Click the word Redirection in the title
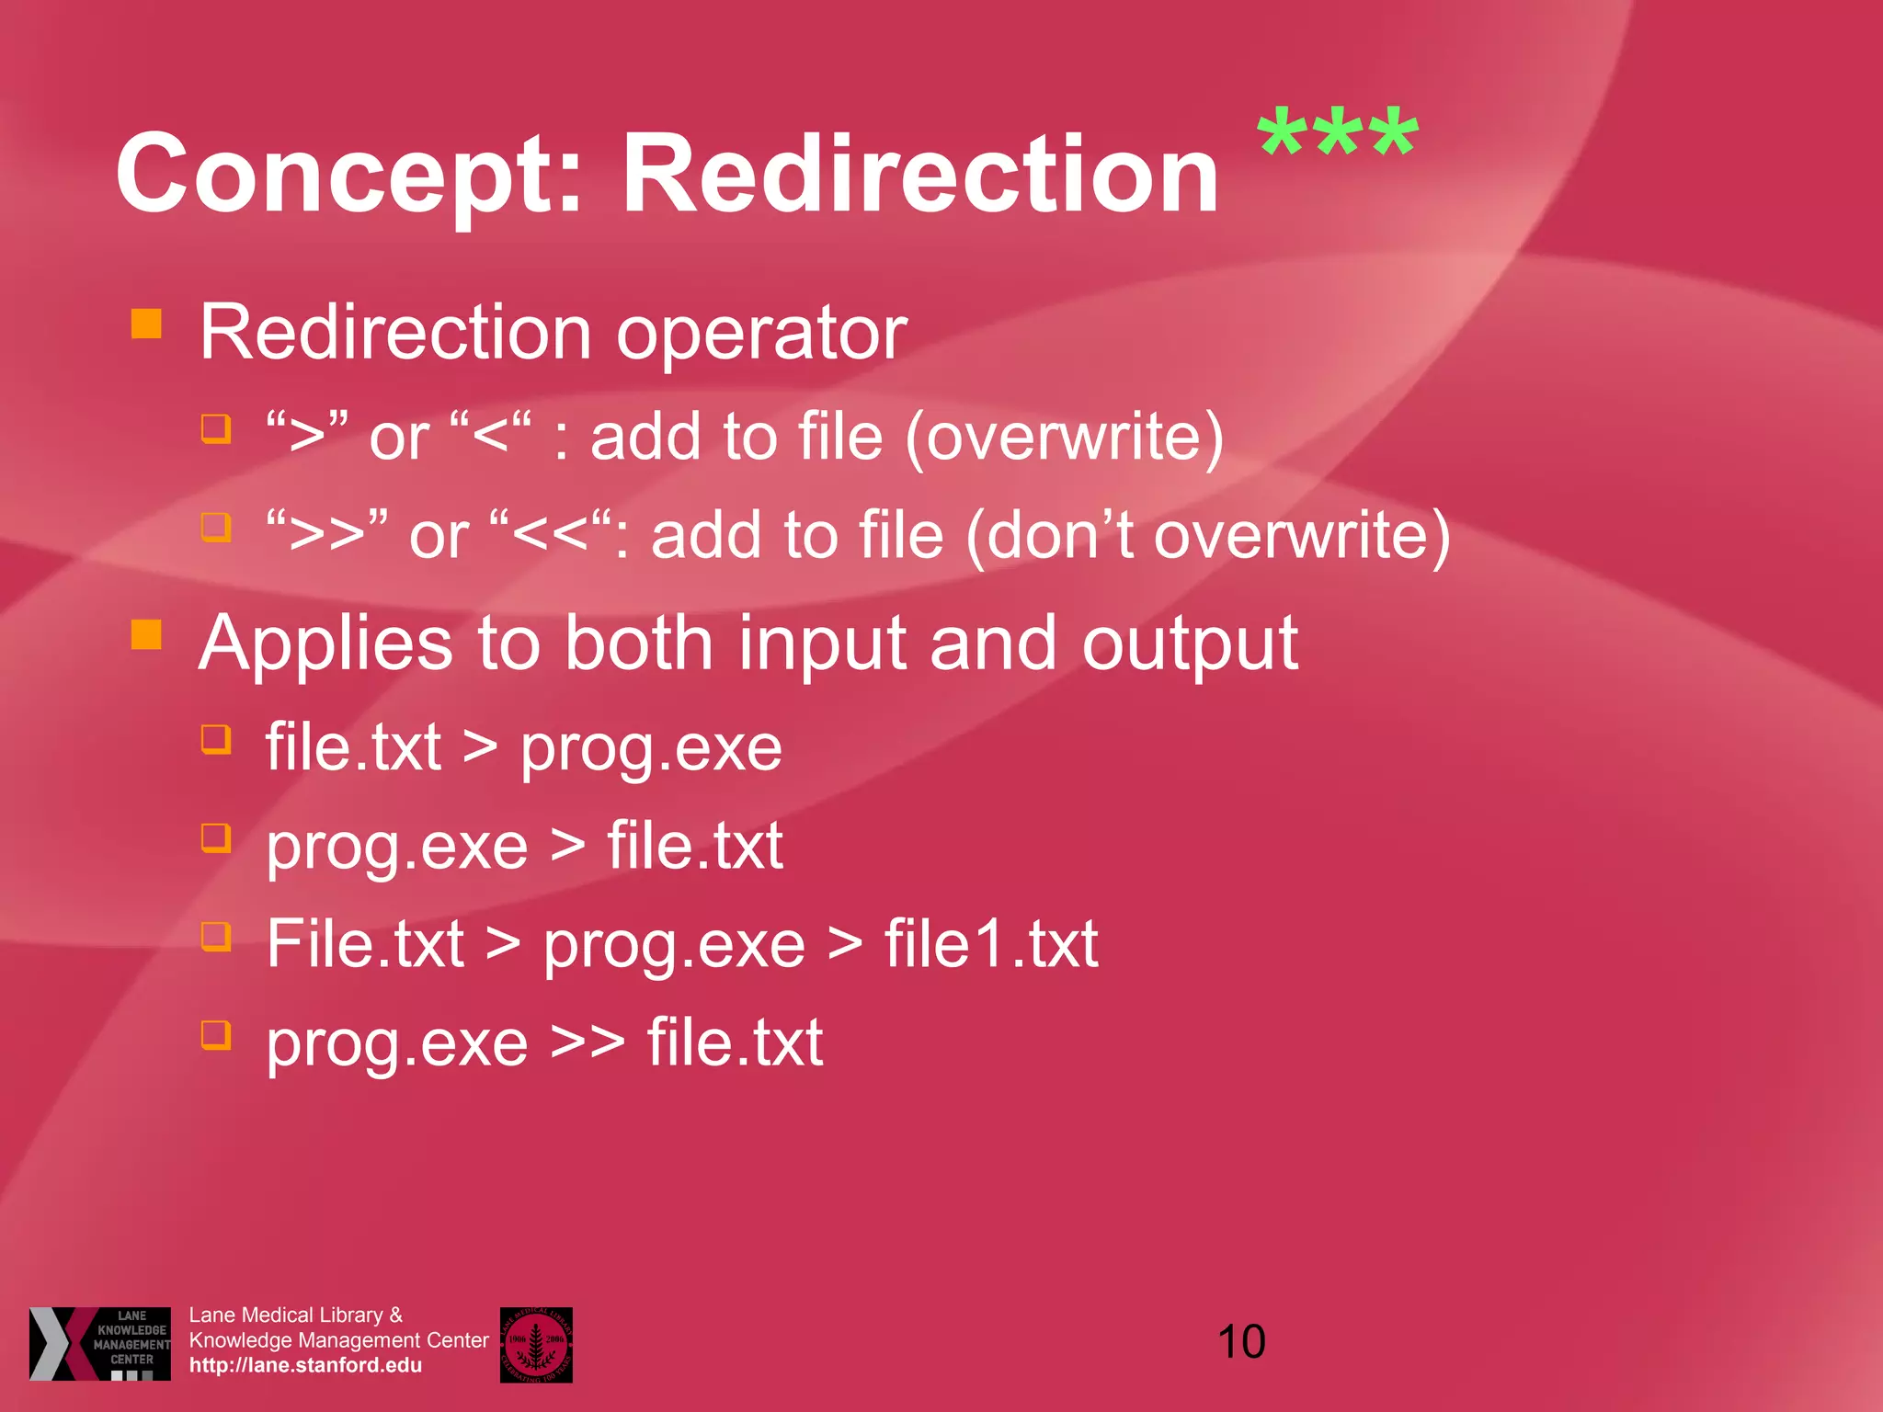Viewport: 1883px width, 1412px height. click(x=919, y=173)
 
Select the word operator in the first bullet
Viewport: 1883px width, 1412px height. click(x=761, y=333)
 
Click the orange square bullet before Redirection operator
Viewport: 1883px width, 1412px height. click(x=146, y=324)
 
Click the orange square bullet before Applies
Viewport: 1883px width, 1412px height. click(x=146, y=634)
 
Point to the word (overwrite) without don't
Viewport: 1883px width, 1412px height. click(x=1065, y=437)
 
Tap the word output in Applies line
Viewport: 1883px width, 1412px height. click(x=1190, y=643)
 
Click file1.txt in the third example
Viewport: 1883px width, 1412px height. click(x=991, y=944)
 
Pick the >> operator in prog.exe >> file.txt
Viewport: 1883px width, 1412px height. click(x=588, y=1042)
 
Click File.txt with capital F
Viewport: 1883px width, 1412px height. click(x=365, y=944)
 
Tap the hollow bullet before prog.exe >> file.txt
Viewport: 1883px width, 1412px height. click(x=216, y=1035)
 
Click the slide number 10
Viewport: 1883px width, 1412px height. click(x=1241, y=1342)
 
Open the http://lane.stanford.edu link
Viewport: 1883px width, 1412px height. click(x=305, y=1365)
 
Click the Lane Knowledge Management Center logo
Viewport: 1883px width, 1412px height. click(x=100, y=1343)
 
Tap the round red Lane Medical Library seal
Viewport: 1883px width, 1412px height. click(x=536, y=1344)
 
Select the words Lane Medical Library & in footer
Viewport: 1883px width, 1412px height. click(x=295, y=1315)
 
